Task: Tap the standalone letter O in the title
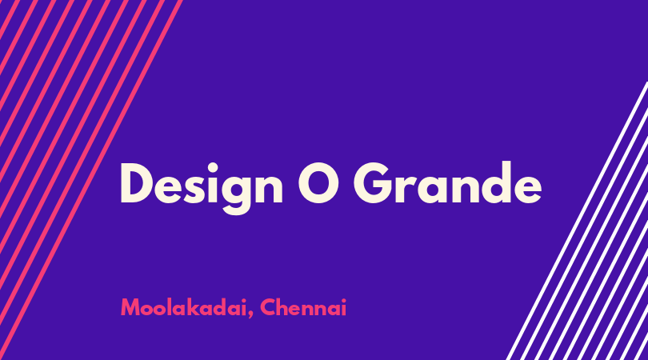click(319, 183)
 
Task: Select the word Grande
click(447, 182)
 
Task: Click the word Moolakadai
click(184, 307)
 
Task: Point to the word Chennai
click(303, 307)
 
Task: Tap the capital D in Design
click(138, 183)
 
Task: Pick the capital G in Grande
click(374, 183)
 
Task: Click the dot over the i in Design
click(213, 168)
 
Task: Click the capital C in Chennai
click(268, 307)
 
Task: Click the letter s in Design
click(194, 190)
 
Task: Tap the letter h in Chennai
click(284, 307)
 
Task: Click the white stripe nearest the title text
click(578, 221)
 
